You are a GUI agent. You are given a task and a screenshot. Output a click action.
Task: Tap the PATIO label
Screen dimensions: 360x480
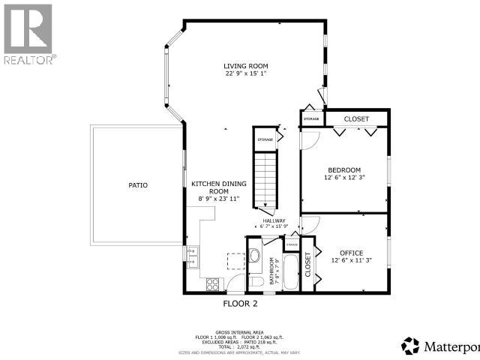[x=137, y=184]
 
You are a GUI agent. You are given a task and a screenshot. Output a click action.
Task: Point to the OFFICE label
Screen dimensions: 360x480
[x=351, y=253]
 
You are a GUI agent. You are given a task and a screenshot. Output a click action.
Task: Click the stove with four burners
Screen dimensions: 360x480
[x=212, y=284]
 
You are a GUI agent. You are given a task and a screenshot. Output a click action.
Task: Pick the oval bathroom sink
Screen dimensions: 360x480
[x=253, y=256]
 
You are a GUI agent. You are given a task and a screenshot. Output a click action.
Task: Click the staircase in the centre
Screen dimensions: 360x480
[x=265, y=176]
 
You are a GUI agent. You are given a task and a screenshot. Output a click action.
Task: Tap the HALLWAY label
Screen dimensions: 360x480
[x=274, y=220]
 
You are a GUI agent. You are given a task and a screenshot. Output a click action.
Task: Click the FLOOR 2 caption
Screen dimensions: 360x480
[x=240, y=304]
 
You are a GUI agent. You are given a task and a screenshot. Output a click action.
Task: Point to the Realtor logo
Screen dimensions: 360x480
[x=28, y=34]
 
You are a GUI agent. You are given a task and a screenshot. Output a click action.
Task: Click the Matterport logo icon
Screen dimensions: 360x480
[x=411, y=345]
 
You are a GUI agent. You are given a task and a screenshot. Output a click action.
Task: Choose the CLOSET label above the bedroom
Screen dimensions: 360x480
[x=356, y=118]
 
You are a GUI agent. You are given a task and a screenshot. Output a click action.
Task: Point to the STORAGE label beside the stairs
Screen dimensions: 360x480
[x=265, y=139]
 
